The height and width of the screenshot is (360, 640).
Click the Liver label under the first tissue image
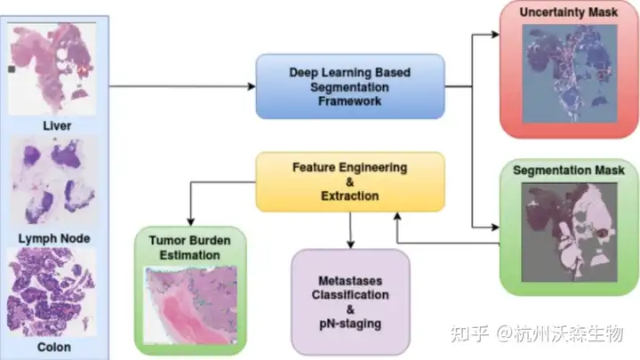(55, 125)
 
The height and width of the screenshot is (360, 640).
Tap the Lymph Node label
(55, 238)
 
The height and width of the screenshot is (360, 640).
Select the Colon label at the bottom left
(55, 348)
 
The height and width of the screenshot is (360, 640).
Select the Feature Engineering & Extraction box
(349, 180)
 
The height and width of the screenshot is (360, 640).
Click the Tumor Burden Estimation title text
(189, 248)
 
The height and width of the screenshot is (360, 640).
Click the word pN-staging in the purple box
(350, 324)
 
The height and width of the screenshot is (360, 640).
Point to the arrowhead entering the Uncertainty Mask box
(494, 36)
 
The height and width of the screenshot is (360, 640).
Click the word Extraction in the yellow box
(349, 195)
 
